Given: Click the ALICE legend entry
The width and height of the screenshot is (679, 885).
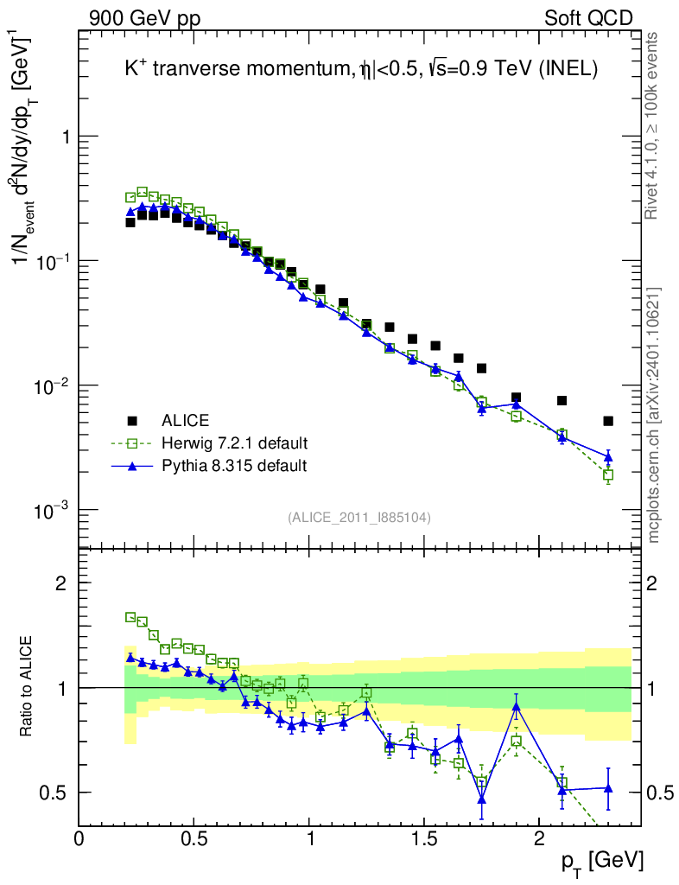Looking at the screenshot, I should pyautogui.click(x=185, y=421).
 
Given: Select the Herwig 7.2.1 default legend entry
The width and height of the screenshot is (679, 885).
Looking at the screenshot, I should pyautogui.click(x=234, y=443).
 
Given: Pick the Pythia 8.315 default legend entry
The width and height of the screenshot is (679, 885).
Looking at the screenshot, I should pyautogui.click(x=234, y=466).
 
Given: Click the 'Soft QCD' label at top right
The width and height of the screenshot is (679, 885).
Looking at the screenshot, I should pyautogui.click(x=588, y=18).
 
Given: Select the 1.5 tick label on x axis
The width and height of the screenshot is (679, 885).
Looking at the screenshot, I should pyautogui.click(x=423, y=839).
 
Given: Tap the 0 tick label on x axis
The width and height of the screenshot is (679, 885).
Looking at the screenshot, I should pyautogui.click(x=79, y=839).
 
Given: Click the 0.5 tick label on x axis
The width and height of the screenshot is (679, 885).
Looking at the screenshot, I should pyautogui.click(x=194, y=839).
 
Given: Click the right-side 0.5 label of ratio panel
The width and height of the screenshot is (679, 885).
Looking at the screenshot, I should pyautogui.click(x=660, y=793).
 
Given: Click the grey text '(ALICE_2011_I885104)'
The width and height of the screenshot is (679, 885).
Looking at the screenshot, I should pyautogui.click(x=359, y=518).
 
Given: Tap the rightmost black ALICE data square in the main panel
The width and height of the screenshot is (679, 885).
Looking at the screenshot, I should pyautogui.click(x=608, y=421).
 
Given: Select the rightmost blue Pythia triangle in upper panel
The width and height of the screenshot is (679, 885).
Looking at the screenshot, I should pyautogui.click(x=608, y=456).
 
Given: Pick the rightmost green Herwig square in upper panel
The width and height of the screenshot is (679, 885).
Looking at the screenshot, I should pyautogui.click(x=608, y=474).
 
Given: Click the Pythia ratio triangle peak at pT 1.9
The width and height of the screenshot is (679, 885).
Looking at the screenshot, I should pyautogui.click(x=516, y=706).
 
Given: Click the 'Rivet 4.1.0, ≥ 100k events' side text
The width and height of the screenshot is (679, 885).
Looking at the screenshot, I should pyautogui.click(x=653, y=126).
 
